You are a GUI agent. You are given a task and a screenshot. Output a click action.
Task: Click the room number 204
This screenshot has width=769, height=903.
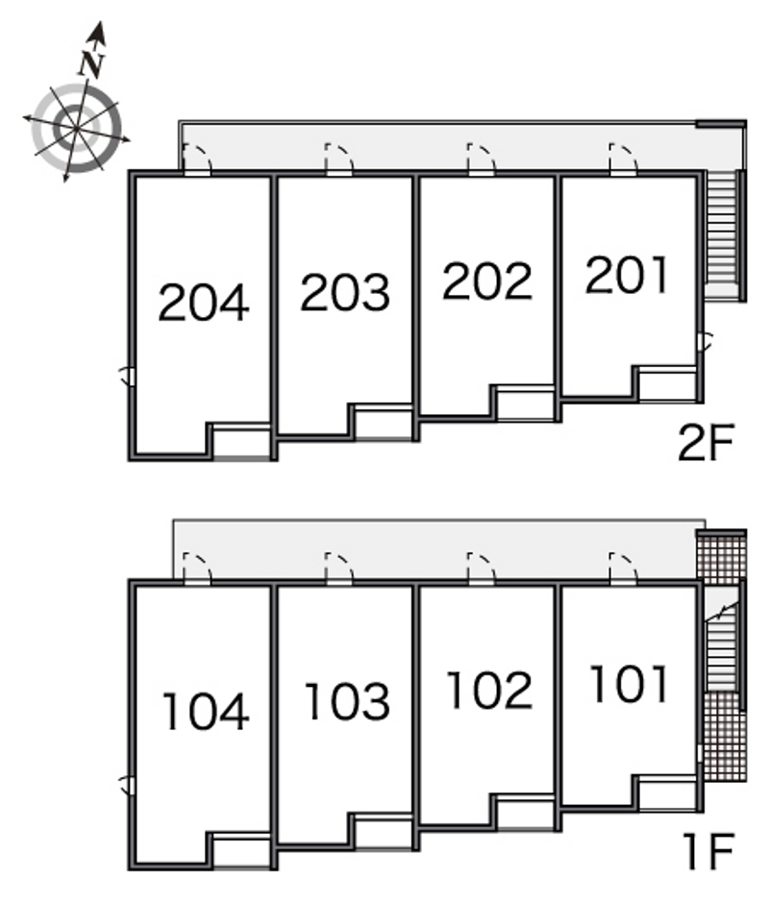coord(204,303)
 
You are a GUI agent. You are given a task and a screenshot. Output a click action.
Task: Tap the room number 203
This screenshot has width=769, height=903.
coord(345,293)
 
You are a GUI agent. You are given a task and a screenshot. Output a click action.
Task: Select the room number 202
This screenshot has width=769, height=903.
coord(487,281)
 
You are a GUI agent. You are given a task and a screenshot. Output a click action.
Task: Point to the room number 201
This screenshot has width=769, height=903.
coord(627,275)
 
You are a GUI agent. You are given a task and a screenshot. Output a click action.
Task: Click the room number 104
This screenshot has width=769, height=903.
coord(206,711)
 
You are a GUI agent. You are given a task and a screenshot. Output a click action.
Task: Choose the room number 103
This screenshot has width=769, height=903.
coord(348,701)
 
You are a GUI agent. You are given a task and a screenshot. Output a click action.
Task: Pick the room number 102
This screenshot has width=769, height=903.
coord(489,690)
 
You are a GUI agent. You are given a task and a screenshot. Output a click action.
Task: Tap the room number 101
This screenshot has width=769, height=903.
coord(629,684)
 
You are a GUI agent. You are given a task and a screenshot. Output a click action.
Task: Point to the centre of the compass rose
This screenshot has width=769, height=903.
coord(76,127)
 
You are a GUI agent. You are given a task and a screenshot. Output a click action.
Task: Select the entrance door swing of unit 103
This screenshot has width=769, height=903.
coord(339,567)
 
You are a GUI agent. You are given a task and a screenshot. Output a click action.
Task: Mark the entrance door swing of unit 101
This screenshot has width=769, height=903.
coord(623,567)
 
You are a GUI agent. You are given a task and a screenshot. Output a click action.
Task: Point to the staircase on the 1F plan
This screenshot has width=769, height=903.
coord(721,647)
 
